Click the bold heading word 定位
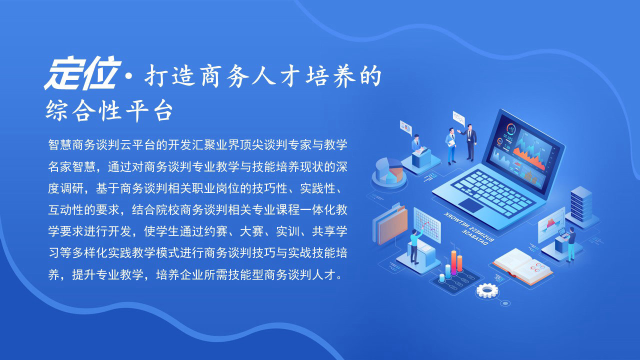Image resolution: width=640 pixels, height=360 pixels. tap(83, 73)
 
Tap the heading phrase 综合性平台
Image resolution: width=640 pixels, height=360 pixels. tap(109, 110)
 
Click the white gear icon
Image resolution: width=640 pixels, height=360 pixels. tap(487, 290)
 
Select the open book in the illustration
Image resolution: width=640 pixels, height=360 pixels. tap(522, 266)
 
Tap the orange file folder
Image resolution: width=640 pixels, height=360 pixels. tap(392, 225)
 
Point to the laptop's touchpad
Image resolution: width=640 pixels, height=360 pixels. tap(470, 205)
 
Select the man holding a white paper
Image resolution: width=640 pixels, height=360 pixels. tap(451, 145)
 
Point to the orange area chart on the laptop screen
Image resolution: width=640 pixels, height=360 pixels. tap(529, 157)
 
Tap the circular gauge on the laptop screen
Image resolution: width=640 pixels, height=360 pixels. tap(510, 129)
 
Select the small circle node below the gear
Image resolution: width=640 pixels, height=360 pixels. tap(505, 303)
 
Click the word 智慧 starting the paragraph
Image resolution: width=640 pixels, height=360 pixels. tap(60, 144)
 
